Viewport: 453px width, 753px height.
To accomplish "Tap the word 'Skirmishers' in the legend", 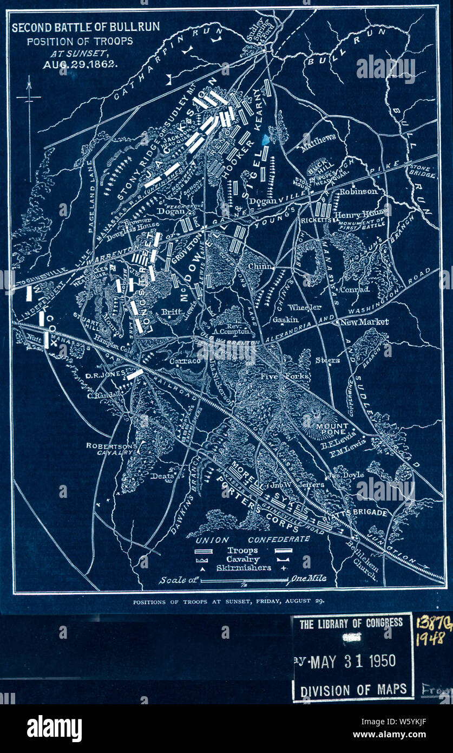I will (243, 568).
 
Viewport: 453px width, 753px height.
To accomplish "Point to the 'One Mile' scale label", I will (309, 579).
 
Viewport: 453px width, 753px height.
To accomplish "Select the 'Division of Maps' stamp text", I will (352, 690).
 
